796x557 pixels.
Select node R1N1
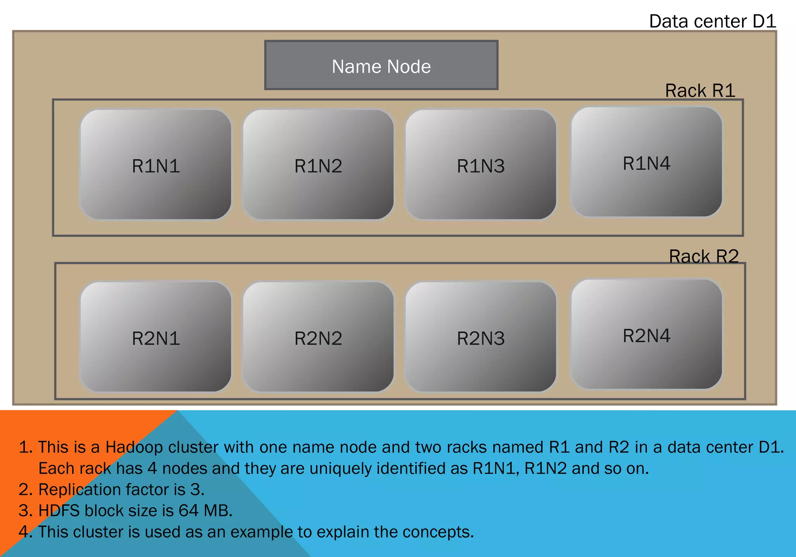[155, 165]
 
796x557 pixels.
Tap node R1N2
[318, 165]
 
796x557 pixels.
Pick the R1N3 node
[480, 165]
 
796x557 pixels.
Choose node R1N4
[646, 162]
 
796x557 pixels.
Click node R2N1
[155, 337]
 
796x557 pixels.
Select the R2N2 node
[318, 337]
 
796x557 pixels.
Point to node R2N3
[480, 337]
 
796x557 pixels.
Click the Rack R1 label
[700, 91]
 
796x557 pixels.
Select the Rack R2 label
[703, 256]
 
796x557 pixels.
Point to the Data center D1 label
[712, 21]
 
